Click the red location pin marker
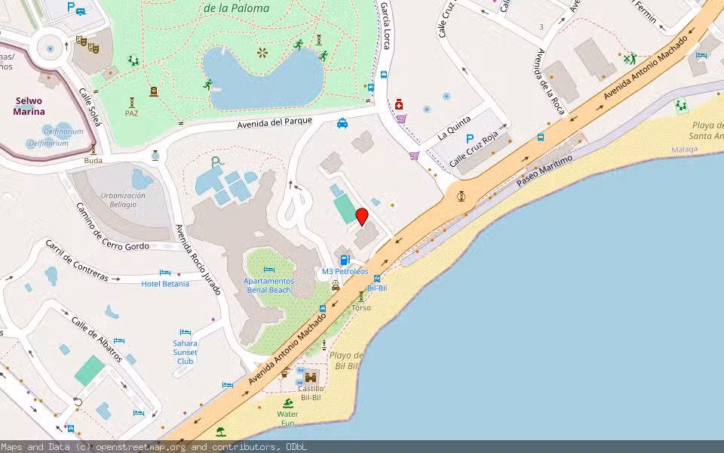pyautogui.click(x=362, y=217)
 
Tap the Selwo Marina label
pyautogui.click(x=29, y=106)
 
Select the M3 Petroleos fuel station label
pyautogui.click(x=345, y=271)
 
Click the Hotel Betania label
pyautogui.click(x=165, y=284)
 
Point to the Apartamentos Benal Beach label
pyautogui.click(x=268, y=285)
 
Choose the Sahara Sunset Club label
pyautogui.click(x=185, y=352)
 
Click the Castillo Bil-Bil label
pyautogui.click(x=311, y=392)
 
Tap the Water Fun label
pyautogui.click(x=287, y=418)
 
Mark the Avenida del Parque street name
pyautogui.click(x=275, y=124)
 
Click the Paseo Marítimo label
pyautogui.click(x=545, y=171)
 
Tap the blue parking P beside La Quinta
pyautogui.click(x=470, y=139)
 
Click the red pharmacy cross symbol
pyautogui.click(x=399, y=104)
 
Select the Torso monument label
pyautogui.click(x=361, y=307)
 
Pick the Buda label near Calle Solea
pyautogui.click(x=94, y=160)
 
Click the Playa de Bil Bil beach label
pyautogui.click(x=347, y=360)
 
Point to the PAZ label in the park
pyautogui.click(x=132, y=113)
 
